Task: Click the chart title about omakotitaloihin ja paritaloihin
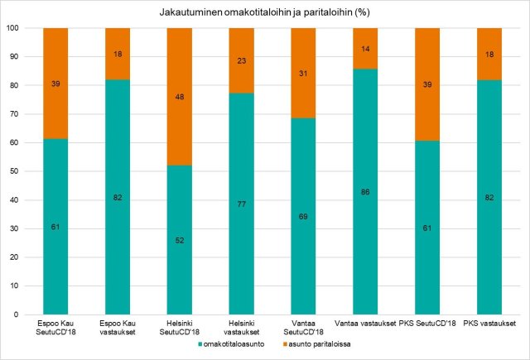[264, 13]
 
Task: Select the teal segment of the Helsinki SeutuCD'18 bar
[179, 248]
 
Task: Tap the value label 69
[303, 216]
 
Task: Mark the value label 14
[364, 49]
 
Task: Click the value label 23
[241, 60]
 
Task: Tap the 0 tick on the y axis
[17, 314]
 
